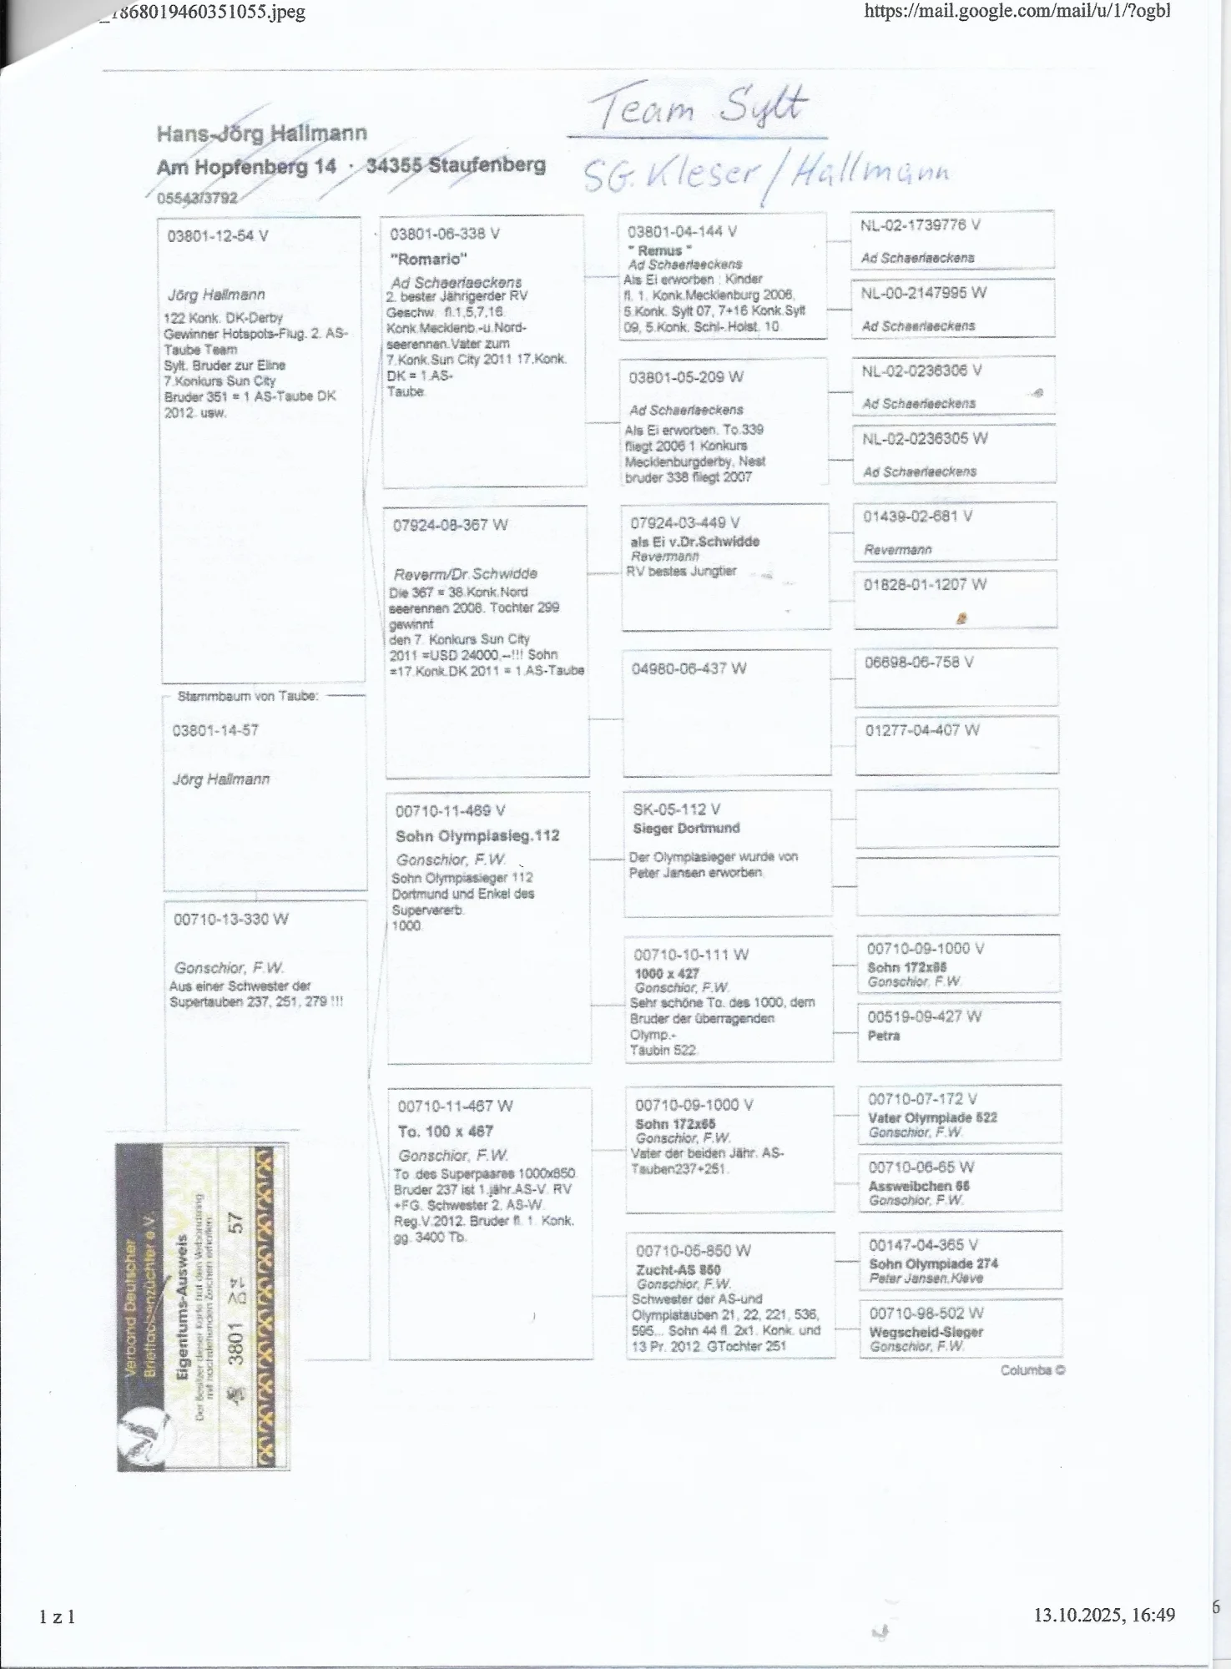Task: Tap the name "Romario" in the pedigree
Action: point(428,259)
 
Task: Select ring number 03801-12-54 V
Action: point(218,236)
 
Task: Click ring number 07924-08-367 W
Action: point(451,525)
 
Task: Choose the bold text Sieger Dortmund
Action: point(686,828)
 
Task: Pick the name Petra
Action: point(884,1036)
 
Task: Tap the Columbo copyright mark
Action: point(1032,1370)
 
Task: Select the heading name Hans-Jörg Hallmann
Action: point(261,134)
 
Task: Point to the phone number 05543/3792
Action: point(197,198)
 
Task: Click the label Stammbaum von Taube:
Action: point(247,696)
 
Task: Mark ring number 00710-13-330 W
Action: point(231,920)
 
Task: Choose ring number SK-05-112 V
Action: point(676,809)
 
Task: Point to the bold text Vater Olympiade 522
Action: point(932,1117)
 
